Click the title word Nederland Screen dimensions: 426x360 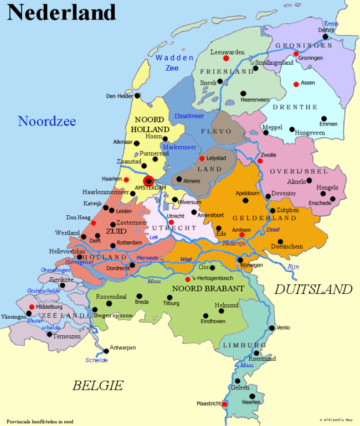click(61, 12)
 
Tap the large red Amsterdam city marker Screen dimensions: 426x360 click(148, 180)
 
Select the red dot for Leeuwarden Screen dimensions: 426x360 click(226, 58)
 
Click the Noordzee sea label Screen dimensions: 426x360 click(47, 121)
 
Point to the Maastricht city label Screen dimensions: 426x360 click(208, 404)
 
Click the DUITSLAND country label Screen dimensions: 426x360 click(313, 289)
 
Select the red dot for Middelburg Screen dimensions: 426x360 click(32, 307)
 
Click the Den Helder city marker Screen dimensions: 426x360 click(138, 95)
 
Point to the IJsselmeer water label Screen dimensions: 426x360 click(189, 116)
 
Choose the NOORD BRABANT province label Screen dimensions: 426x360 click(208, 289)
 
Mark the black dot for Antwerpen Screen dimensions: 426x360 click(106, 350)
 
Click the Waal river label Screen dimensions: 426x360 click(187, 259)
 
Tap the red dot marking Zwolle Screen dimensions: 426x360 click(260, 161)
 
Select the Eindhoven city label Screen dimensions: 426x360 click(213, 321)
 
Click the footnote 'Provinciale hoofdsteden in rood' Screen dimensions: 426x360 click(40, 421)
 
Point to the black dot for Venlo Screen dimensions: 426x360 click(272, 328)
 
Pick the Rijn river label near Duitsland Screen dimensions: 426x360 click(293, 267)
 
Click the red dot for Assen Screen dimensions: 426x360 click(296, 84)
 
